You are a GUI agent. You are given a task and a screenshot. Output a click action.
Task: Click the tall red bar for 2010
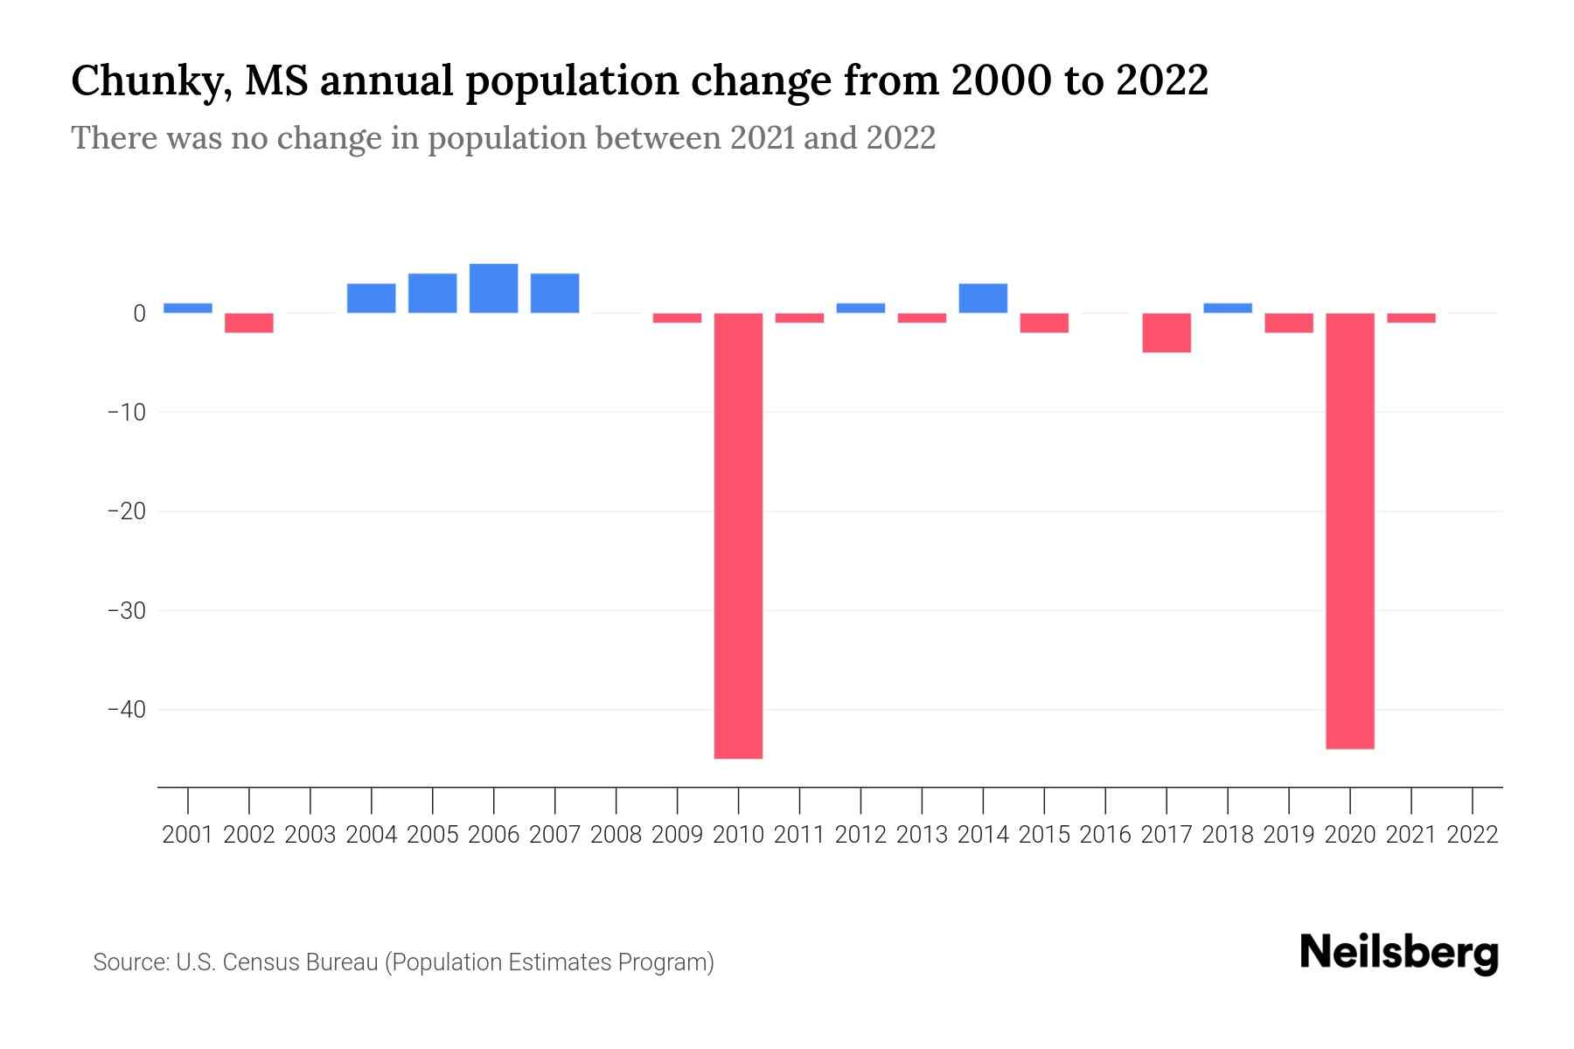coord(738,535)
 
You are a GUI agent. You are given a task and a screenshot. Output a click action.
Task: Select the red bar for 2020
coord(1349,531)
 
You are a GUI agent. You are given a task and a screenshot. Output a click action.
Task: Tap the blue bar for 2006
coord(493,288)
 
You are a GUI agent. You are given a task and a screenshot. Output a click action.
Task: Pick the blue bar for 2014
coord(983,298)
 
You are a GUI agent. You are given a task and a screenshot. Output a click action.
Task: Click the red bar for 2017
coord(1167,333)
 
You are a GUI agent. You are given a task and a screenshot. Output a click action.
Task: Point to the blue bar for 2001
coord(188,308)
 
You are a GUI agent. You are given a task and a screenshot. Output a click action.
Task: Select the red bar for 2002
coord(249,323)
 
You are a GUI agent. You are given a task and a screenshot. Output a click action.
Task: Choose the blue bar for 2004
coord(371,298)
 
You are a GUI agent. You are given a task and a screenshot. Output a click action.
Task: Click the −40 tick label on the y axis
coord(126,710)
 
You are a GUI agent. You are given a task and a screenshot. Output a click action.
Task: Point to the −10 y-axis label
coord(126,412)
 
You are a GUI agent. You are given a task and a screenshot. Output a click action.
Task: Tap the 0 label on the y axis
coord(139,313)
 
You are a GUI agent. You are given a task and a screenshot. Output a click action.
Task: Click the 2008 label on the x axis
coord(616,835)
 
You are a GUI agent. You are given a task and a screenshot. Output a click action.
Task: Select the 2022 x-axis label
coord(1473,835)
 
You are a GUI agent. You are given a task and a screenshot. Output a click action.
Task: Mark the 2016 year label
coord(1105,835)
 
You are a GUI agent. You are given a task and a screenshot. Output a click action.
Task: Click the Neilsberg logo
coord(1399,953)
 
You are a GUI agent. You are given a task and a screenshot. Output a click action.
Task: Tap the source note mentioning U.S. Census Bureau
coord(403,962)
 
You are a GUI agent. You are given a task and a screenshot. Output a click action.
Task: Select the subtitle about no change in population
coord(503,138)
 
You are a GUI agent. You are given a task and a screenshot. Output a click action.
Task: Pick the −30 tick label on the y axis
coord(126,610)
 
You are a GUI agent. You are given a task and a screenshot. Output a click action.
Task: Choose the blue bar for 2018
coord(1228,308)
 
